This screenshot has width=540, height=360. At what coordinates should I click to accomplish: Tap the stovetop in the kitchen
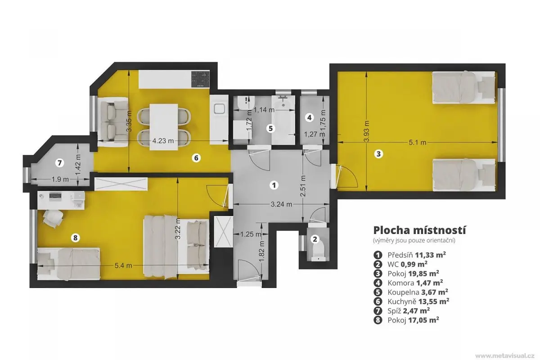coord(200,79)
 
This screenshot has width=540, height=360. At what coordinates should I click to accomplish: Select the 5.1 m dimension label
coord(417,143)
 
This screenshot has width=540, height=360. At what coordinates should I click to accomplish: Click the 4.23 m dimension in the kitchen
coord(163,141)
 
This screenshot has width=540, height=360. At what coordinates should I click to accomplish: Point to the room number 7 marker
coord(59,163)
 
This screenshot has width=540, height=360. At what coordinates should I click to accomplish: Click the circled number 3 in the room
coord(378,154)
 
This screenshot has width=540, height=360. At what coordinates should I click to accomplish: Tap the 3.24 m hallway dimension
coord(281,204)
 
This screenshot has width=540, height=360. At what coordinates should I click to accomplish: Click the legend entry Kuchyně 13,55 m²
coord(411,301)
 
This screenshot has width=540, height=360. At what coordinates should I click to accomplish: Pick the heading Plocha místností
coord(420,230)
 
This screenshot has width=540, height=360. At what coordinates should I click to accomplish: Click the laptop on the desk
coord(55,197)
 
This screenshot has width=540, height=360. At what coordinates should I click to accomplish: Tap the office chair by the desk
coord(53,218)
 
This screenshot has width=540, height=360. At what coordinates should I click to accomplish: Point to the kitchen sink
coord(220,109)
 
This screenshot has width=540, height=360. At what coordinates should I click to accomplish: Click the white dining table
coord(164,127)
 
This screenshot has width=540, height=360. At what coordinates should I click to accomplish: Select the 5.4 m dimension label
coord(123,265)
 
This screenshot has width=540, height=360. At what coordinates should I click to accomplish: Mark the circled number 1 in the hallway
coord(274,185)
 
